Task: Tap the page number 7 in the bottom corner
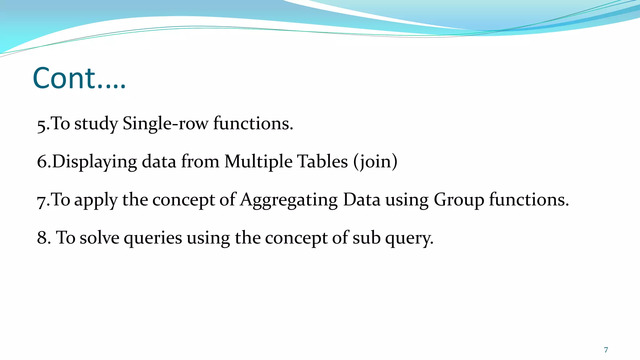click(x=606, y=350)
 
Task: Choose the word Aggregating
click(x=289, y=200)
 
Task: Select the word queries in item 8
click(x=153, y=238)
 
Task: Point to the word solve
click(x=99, y=238)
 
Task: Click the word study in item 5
click(x=96, y=123)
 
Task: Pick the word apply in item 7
click(x=96, y=200)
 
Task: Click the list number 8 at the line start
click(x=42, y=238)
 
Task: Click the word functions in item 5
click(x=253, y=123)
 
